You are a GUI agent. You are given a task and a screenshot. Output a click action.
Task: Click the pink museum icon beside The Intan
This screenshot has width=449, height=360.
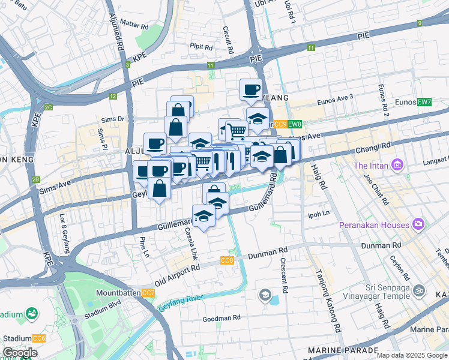[397, 165]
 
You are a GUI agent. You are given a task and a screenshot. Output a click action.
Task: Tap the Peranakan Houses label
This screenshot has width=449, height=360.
[380, 225]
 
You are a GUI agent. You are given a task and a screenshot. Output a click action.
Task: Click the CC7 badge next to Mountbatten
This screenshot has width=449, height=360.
[148, 293]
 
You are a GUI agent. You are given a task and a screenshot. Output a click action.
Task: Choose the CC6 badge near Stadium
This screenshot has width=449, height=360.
[39, 339]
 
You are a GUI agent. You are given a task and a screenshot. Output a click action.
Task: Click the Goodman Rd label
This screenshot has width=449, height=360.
[220, 317]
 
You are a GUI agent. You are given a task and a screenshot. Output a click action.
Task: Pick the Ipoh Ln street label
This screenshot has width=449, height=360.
[319, 213]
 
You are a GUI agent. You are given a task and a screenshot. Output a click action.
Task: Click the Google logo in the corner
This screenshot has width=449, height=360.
[20, 353]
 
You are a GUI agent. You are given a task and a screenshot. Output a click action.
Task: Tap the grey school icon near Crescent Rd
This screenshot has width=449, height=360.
[265, 295]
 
